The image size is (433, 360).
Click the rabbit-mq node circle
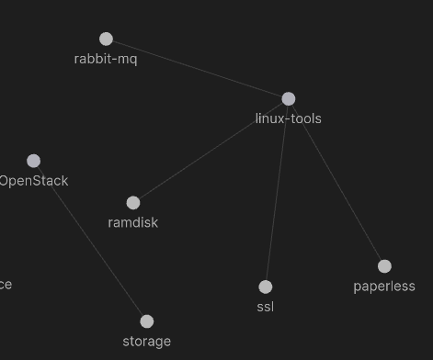click(x=106, y=39)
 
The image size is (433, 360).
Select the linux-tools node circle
click(x=289, y=98)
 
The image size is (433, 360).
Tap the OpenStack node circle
click(x=33, y=161)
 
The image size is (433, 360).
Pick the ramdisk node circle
click(x=133, y=202)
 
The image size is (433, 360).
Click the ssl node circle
click(x=266, y=287)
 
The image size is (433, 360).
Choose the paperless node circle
click(x=384, y=266)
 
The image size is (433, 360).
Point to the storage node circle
click(x=147, y=321)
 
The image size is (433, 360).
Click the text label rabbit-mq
click(x=106, y=59)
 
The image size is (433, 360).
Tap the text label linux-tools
click(x=289, y=118)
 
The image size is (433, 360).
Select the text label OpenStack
click(x=34, y=181)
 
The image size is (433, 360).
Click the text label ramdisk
click(x=133, y=222)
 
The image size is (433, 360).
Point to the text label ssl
click(x=266, y=307)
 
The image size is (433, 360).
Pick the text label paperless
click(x=384, y=287)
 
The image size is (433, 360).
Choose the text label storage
click(x=147, y=342)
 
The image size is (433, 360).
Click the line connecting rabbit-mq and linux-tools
click(x=198, y=69)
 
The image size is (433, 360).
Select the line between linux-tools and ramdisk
click(x=211, y=150)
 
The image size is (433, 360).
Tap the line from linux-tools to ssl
click(x=277, y=193)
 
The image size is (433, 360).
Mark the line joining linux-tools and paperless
click(x=336, y=182)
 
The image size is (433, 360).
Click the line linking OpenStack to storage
click(x=90, y=241)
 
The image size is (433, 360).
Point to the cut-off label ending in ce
click(x=6, y=285)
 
